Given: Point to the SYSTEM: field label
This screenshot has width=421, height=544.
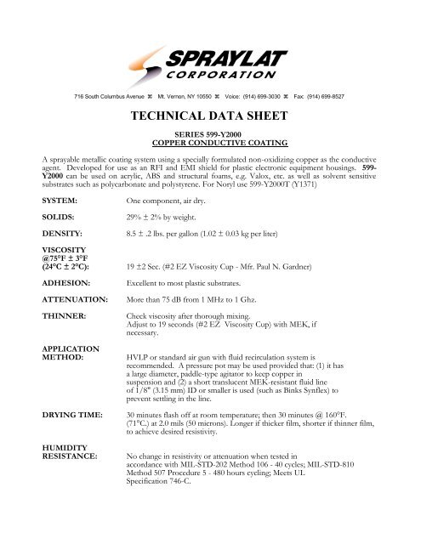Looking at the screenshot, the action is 35,224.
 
